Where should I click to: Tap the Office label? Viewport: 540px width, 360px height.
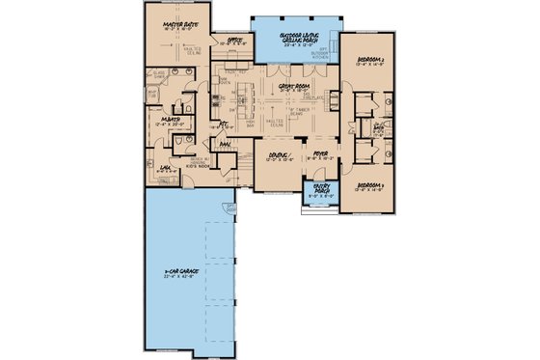[230, 41]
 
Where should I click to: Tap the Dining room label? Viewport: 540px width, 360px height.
[276, 154]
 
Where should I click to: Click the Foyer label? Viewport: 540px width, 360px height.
[319, 154]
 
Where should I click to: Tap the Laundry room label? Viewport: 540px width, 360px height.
[165, 167]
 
